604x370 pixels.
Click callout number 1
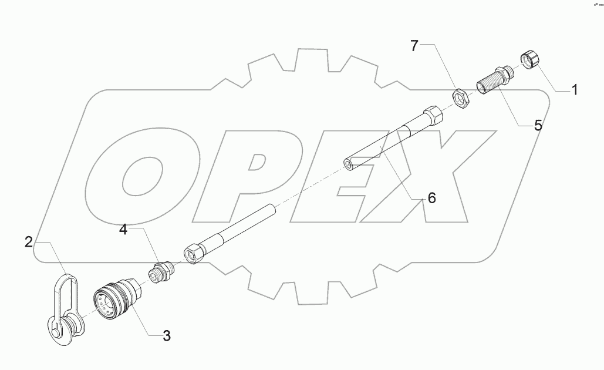[575, 90]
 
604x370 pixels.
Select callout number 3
[166, 336]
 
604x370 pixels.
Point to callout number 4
[123, 229]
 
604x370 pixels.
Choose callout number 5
[538, 125]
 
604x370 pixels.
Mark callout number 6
[431, 199]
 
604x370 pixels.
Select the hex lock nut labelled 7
[460, 97]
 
